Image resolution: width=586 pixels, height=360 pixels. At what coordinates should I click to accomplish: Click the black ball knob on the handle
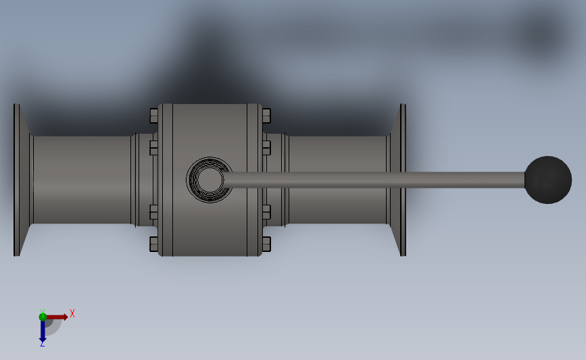(548, 180)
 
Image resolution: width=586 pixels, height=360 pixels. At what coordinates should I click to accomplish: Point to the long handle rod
(374, 180)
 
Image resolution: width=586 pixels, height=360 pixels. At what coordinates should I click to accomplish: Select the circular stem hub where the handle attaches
(210, 180)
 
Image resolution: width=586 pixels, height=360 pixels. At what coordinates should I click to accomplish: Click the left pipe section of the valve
(82, 180)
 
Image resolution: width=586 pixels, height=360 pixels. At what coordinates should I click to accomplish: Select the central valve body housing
(210, 180)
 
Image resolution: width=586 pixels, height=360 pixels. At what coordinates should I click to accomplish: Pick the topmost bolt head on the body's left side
(153, 115)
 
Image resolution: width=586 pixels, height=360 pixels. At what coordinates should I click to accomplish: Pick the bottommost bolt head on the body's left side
(153, 244)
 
